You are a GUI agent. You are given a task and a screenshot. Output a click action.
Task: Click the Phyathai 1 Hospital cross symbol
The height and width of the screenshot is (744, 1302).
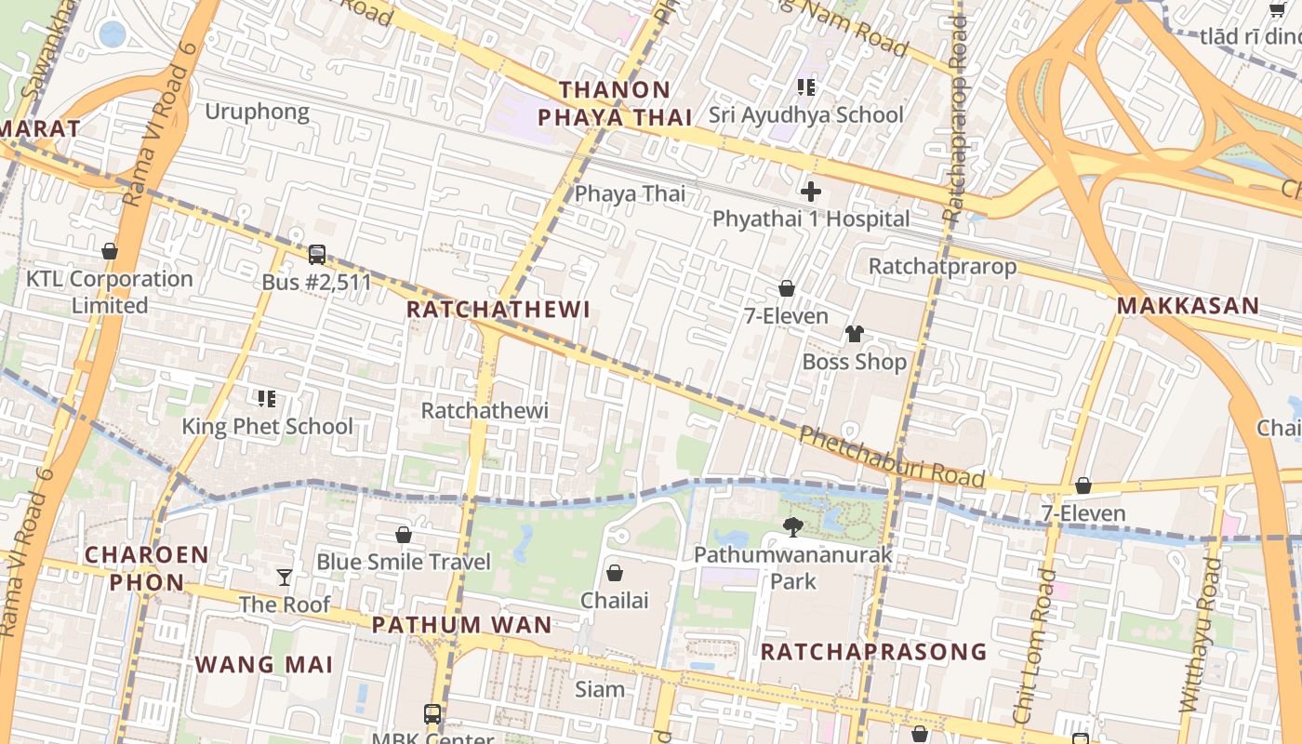(x=811, y=192)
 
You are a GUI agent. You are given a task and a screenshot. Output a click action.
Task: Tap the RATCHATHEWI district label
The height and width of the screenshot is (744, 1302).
(x=498, y=310)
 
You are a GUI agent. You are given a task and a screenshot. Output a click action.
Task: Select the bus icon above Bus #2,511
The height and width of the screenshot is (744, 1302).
(x=317, y=254)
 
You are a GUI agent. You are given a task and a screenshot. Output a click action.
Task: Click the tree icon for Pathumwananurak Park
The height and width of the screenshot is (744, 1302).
(x=793, y=527)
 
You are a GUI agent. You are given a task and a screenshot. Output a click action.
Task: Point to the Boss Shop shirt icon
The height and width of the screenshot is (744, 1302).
(x=854, y=334)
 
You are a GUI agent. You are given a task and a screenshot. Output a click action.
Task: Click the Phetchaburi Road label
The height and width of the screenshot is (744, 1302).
(x=891, y=457)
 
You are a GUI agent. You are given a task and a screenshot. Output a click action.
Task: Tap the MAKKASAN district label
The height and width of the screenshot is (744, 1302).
(x=1188, y=305)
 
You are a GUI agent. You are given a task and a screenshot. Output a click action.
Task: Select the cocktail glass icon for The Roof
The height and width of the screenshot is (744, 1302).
(x=285, y=578)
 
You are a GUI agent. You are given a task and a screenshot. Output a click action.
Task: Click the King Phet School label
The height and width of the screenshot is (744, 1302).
(x=267, y=427)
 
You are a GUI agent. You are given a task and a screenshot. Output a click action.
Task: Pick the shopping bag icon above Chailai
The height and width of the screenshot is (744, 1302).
(x=614, y=572)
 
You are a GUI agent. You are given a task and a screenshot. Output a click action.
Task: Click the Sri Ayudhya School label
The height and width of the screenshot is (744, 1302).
(x=805, y=114)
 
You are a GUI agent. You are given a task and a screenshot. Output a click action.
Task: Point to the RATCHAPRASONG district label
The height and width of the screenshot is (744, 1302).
(x=873, y=651)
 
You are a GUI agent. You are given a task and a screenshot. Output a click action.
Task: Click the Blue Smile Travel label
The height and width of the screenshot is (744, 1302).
(x=404, y=562)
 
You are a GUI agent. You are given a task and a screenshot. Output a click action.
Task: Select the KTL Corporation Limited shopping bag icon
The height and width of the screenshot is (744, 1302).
(x=110, y=251)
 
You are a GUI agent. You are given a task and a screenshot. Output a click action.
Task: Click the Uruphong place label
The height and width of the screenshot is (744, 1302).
(x=257, y=112)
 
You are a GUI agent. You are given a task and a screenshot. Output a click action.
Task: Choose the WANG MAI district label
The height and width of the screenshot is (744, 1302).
(x=264, y=664)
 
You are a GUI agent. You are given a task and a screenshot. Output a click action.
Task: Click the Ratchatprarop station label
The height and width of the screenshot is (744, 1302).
(x=942, y=266)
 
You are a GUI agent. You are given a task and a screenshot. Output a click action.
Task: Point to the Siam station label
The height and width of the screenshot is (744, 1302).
(x=600, y=689)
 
